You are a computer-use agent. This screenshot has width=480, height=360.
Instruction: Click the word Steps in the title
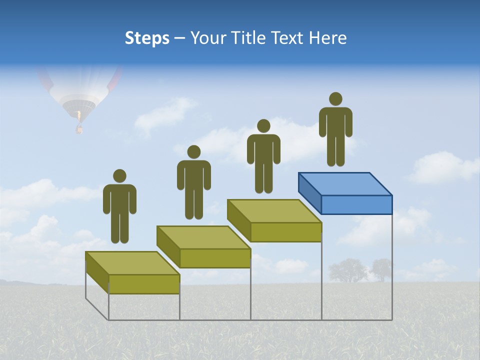(x=147, y=38)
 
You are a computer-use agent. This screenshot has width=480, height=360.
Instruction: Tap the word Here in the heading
(x=327, y=38)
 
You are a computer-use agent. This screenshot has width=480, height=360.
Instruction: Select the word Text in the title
(x=289, y=38)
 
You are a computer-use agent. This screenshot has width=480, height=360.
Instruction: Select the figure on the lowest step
(x=119, y=207)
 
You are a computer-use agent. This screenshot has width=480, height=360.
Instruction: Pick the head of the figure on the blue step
(x=335, y=99)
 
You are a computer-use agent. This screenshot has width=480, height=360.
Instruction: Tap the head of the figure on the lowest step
(x=119, y=176)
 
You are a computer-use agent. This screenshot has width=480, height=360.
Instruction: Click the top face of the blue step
(x=345, y=183)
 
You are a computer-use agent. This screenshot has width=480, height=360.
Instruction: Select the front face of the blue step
(x=356, y=204)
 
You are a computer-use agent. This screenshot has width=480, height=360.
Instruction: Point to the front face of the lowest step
(x=144, y=284)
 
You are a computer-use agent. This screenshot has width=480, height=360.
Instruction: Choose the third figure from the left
(x=263, y=157)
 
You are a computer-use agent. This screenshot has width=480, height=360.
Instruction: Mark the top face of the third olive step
(x=274, y=211)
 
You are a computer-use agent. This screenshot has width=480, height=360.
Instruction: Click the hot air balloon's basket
(x=78, y=129)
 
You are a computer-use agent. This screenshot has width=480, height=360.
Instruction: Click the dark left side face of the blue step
(x=309, y=193)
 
